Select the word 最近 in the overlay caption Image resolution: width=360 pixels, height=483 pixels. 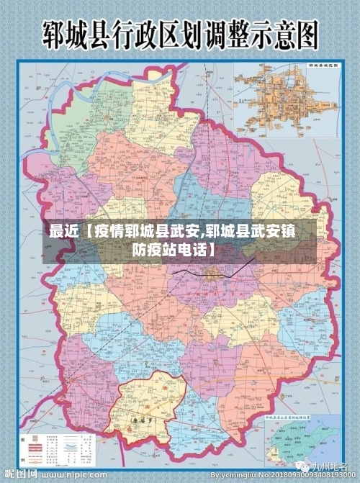[x=63, y=233]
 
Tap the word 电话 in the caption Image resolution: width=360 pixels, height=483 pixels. [x=193, y=250]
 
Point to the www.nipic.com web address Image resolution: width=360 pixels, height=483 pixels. [x=72, y=477]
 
